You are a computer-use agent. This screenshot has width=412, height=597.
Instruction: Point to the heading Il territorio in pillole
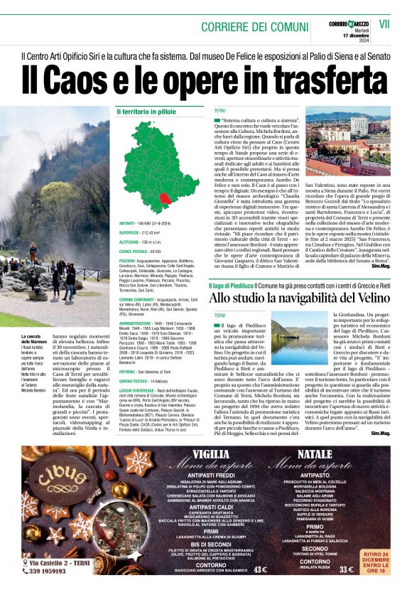[x=146, y=112]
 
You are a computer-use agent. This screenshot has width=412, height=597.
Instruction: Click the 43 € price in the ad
[x=260, y=569]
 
